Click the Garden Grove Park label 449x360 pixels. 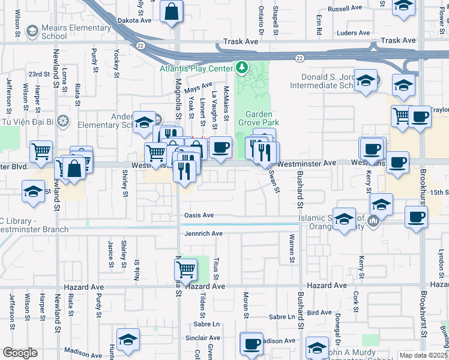[259, 119]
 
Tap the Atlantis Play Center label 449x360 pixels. [196, 68]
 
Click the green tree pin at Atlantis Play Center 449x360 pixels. [242, 67]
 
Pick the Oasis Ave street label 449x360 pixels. [199, 215]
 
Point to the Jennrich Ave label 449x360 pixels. [203, 233]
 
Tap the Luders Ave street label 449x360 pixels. [354, 33]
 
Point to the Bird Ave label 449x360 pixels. [319, 313]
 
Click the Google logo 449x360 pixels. [20, 353]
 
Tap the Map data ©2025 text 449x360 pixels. [423, 355]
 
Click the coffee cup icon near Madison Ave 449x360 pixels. [252, 344]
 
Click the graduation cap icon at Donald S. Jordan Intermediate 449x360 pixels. [365, 81]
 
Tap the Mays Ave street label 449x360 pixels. [199, 88]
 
